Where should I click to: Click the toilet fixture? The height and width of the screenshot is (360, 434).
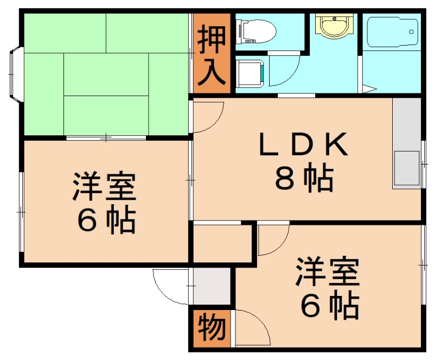(x=255, y=30)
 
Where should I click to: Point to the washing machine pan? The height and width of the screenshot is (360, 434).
(x=251, y=73)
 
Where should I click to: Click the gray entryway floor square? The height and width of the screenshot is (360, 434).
(x=212, y=286)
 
